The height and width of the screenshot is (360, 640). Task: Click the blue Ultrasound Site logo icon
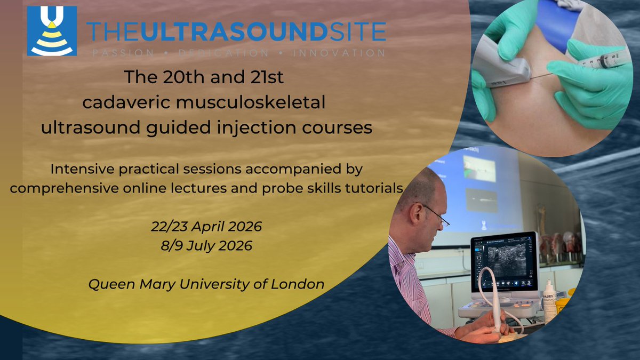pyautogui.click(x=52, y=30)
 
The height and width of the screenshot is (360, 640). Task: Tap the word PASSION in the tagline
pyautogui.click(x=121, y=53)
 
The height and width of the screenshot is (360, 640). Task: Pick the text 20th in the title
pyautogui.click(x=178, y=78)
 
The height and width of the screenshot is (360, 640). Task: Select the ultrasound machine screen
pyautogui.click(x=505, y=258)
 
